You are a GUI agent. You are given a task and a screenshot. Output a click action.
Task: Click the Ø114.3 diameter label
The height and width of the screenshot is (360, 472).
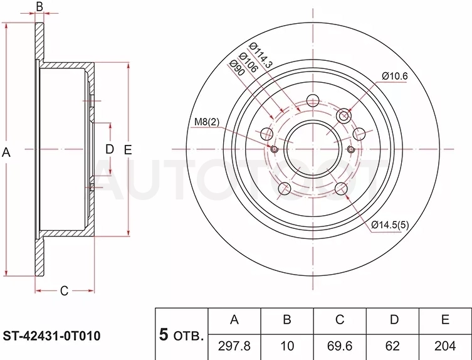click(261, 55)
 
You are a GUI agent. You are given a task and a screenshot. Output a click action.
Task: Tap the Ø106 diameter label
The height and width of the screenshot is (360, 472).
click(248, 62)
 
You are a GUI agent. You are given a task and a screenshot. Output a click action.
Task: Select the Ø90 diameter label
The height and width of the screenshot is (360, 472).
click(236, 68)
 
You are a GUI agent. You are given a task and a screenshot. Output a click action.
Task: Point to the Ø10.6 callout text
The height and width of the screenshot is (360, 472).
click(395, 76)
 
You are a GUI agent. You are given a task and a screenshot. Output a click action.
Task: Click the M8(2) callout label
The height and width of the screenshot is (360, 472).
click(207, 122)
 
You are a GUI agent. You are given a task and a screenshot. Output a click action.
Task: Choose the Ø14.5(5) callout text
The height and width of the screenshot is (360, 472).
click(390, 225)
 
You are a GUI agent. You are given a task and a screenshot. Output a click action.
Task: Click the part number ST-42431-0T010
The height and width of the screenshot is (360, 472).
click(51, 336)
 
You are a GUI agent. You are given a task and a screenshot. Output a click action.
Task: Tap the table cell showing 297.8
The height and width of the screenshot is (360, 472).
click(234, 346)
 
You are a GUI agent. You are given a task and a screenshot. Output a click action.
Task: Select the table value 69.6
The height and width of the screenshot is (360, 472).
click(340, 346)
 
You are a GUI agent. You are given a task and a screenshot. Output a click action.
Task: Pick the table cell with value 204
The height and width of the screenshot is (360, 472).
click(445, 346)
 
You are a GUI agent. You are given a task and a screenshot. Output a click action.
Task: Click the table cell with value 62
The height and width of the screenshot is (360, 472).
click(392, 346)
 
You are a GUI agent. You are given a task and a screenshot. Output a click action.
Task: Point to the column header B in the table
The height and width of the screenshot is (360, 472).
click(287, 319)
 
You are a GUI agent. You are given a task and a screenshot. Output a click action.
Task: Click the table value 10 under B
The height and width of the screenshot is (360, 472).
click(287, 346)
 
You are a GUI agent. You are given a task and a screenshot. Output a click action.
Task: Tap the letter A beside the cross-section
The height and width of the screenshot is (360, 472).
click(6, 152)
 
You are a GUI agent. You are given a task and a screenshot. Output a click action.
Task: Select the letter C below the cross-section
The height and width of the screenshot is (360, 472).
click(64, 291)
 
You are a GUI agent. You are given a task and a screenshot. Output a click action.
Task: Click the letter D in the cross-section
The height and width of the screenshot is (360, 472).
click(110, 149)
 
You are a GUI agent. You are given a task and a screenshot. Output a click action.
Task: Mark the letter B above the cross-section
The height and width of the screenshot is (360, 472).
click(39, 6)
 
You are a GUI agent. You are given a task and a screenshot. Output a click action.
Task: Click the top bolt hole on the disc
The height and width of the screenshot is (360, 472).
click(313, 100)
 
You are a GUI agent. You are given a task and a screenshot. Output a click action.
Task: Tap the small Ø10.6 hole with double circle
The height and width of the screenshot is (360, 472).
click(344, 115)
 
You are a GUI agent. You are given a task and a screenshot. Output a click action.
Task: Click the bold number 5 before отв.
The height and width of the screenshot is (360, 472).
click(164, 334)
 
